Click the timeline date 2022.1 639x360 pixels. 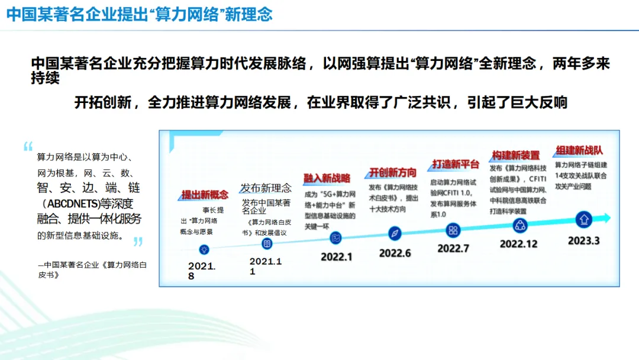point(337,257)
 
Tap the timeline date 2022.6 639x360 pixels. point(395,253)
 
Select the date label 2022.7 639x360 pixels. point(453,249)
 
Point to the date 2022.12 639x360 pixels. point(519,244)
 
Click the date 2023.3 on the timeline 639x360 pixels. point(584,240)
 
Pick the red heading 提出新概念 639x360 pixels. point(205,195)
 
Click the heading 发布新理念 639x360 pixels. point(266,188)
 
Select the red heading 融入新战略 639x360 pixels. point(327,178)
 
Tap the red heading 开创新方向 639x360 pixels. point(393,172)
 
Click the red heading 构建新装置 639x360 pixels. point(516,155)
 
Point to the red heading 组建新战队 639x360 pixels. point(578,150)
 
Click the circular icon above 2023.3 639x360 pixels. point(584,220)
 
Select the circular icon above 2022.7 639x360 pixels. point(453,230)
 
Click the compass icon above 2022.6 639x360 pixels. point(395,233)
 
